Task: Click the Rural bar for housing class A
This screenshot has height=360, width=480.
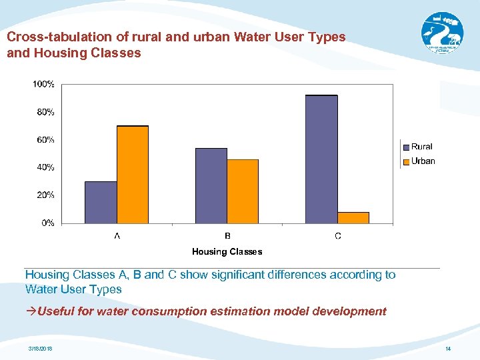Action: click(101, 202)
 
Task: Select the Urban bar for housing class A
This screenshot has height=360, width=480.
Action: click(132, 174)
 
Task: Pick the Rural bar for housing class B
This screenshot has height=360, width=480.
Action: click(211, 185)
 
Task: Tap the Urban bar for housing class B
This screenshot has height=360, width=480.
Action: click(243, 191)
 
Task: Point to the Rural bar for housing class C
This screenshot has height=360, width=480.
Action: click(321, 159)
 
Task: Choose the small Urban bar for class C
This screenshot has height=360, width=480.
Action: click(353, 217)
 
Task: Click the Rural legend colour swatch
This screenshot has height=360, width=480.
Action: click(405, 147)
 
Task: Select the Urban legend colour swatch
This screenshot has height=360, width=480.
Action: click(405, 161)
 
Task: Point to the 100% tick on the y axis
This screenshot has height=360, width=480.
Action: click(44, 84)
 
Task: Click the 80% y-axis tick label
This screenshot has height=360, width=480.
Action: click(45, 112)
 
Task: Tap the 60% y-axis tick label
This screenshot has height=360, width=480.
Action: click(45, 140)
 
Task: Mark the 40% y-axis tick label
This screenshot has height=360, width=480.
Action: click(45, 167)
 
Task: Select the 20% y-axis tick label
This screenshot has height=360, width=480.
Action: click(45, 195)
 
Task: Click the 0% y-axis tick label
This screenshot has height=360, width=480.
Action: click(48, 223)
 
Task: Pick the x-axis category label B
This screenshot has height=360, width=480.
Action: click(227, 236)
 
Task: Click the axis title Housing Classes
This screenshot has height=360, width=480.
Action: click(227, 251)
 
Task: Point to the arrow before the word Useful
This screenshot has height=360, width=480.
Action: click(31, 311)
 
